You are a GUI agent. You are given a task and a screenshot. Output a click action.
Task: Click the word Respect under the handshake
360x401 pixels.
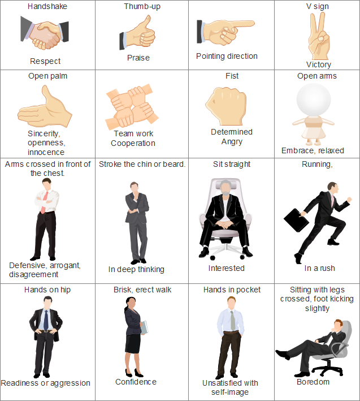[45, 61]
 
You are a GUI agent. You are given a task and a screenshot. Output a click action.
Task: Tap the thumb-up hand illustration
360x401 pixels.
[137, 33]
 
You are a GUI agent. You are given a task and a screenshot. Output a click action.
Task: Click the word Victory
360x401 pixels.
[319, 64]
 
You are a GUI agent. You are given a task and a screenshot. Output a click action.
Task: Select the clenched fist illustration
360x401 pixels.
[227, 106]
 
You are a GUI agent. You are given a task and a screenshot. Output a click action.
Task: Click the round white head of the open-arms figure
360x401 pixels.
[314, 100]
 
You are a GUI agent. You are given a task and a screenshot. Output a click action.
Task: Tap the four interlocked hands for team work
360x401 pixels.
[132, 107]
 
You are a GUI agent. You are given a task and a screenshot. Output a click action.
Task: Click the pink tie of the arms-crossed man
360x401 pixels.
[44, 202]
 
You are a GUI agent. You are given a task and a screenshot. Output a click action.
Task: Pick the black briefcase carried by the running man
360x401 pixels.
[296, 220]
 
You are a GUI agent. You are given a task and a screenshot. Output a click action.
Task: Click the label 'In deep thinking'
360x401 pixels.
[136, 269]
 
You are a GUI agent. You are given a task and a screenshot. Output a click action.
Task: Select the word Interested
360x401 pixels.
[227, 268]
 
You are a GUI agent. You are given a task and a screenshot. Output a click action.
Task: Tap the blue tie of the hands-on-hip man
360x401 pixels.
[46, 320]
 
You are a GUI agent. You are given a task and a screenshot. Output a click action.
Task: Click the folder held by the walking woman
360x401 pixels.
[144, 327]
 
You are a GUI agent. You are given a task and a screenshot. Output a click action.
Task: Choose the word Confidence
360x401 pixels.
[136, 382]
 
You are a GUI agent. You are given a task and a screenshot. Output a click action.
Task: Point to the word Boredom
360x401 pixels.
[313, 382]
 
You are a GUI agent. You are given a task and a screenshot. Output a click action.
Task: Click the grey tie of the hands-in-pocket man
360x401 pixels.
[233, 321]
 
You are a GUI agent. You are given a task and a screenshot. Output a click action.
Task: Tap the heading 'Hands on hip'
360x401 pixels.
[47, 290]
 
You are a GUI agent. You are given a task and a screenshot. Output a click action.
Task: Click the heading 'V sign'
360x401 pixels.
[318, 6]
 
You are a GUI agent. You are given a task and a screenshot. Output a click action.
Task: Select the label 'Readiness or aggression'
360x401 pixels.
[45, 383]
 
